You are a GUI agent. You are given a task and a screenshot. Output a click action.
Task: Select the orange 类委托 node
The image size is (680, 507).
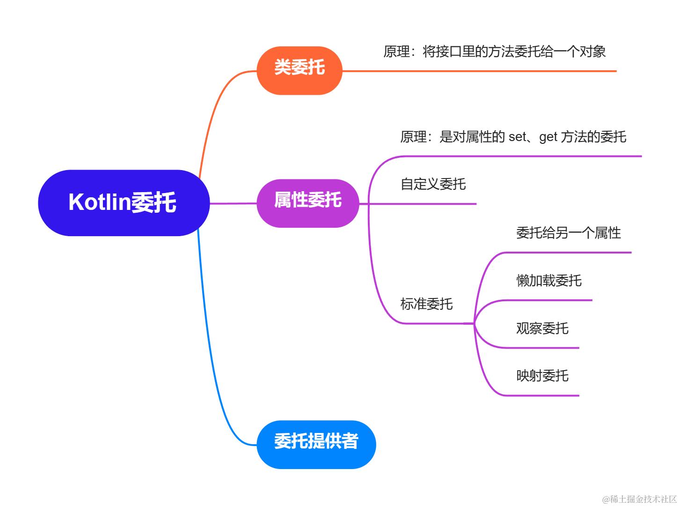click(x=300, y=70)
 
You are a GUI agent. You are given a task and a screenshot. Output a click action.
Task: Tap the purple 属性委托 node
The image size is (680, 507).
click(x=307, y=203)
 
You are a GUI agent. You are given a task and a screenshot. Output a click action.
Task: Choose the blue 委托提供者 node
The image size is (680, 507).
click(x=316, y=444)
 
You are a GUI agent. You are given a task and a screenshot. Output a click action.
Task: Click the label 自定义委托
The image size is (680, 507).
click(x=433, y=184)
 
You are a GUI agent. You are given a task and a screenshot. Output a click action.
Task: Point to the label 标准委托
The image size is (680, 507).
click(x=426, y=304)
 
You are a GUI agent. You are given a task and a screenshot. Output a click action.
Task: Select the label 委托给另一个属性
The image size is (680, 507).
click(x=568, y=232)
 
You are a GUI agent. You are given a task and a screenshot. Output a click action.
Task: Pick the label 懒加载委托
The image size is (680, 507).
click(x=548, y=280)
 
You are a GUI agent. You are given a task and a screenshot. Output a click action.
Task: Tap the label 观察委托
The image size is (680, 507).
click(x=542, y=328)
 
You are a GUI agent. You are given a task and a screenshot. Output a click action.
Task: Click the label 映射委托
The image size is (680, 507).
click(x=542, y=375)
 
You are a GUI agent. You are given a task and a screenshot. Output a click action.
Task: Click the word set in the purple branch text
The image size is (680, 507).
click(x=517, y=137)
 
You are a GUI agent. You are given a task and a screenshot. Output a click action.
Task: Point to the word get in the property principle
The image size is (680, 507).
click(x=548, y=137)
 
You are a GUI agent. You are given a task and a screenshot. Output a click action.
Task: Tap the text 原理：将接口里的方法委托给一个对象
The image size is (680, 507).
click(x=494, y=51)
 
